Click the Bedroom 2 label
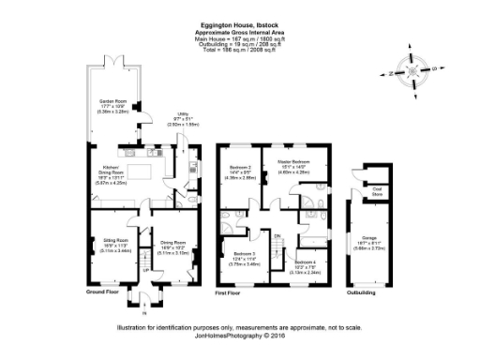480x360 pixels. coord(242,169)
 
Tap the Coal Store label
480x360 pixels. coord(379,189)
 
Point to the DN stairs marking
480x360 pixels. coord(277,235)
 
